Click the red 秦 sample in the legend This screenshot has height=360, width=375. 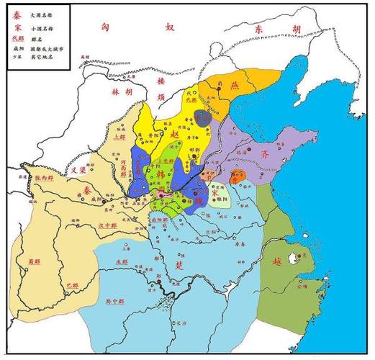coord(17,14)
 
